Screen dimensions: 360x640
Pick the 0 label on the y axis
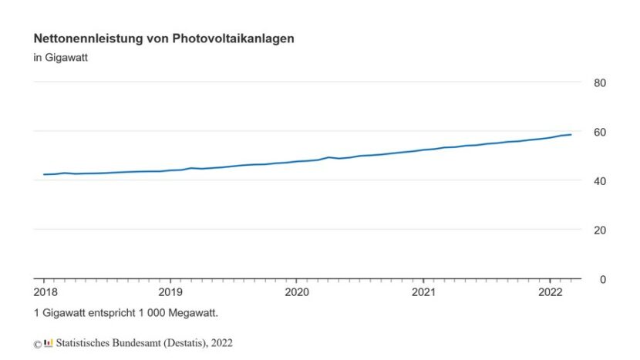[x=603, y=280]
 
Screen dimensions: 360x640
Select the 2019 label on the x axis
[x=170, y=292]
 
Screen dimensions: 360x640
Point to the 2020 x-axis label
[x=297, y=292]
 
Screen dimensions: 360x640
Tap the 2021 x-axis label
[x=423, y=292]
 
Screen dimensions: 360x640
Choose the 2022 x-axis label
[x=550, y=292]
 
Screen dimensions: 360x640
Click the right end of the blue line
[x=571, y=134]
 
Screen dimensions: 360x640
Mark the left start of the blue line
[x=44, y=174]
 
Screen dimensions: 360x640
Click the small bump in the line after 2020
[x=329, y=157]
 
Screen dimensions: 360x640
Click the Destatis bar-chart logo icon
[x=49, y=342]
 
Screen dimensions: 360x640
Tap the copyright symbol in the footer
[x=37, y=344]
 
